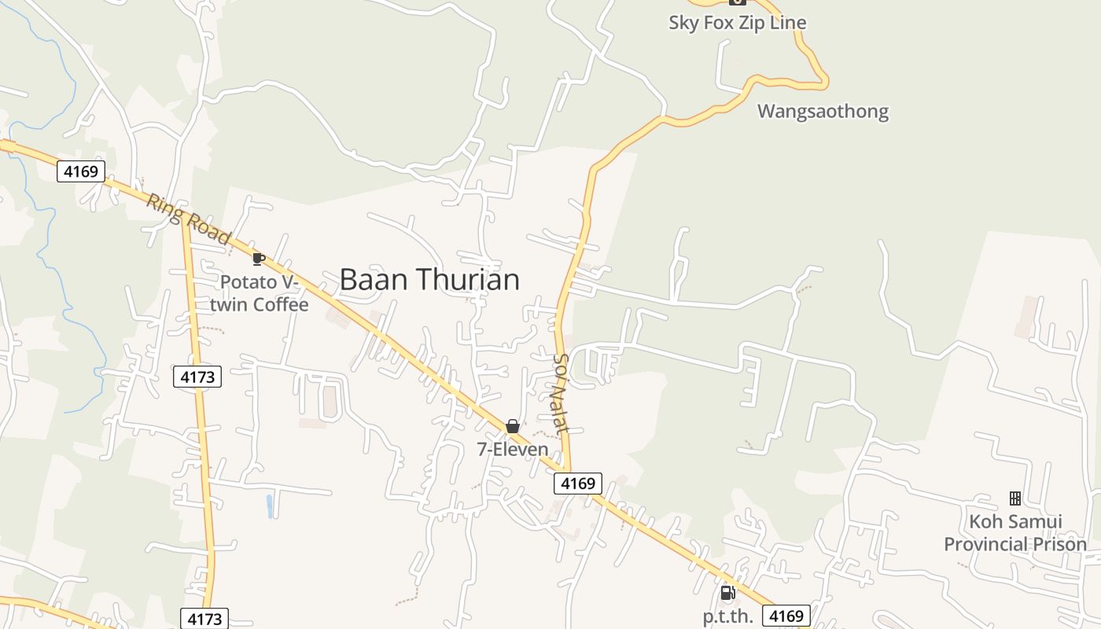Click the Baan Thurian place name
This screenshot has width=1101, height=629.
[x=429, y=280]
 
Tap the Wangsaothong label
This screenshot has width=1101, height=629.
[x=823, y=111]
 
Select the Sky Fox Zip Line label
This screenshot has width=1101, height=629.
[x=737, y=22]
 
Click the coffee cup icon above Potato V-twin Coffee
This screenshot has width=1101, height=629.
[x=258, y=259]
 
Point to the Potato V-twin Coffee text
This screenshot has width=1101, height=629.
[x=263, y=292]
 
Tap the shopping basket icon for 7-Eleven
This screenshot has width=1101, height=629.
[x=513, y=426]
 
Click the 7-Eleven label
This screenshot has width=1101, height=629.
[x=513, y=449]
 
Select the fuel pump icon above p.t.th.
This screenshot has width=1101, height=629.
[x=727, y=593]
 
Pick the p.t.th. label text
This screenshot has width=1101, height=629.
[x=727, y=616]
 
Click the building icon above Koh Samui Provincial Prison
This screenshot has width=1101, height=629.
[x=1014, y=498]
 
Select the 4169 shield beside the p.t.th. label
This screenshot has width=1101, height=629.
[x=786, y=616]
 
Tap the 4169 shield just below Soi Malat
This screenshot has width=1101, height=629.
[x=578, y=483]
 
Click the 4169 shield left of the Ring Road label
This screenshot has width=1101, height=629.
[x=81, y=171]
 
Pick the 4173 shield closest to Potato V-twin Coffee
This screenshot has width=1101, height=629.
[x=197, y=377]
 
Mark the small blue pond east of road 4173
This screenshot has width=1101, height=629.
[x=270, y=506]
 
